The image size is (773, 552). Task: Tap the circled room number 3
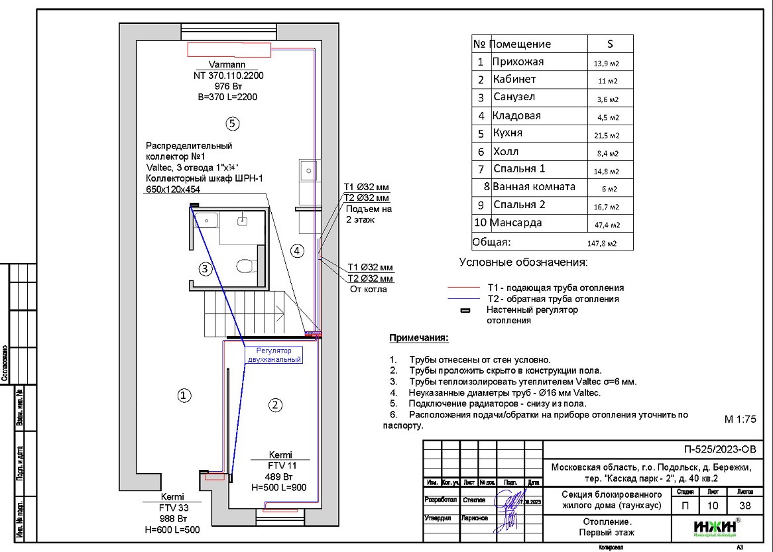tap(206, 268)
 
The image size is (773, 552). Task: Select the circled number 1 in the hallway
tap(185, 395)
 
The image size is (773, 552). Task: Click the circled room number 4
tap(297, 250)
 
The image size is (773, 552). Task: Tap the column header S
tap(611, 44)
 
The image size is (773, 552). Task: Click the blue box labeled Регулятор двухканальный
tap(274, 355)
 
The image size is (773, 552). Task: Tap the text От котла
tap(369, 290)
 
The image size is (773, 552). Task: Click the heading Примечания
tap(418, 338)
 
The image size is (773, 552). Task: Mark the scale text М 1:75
tap(740, 419)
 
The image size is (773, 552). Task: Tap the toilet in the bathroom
tap(245, 266)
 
